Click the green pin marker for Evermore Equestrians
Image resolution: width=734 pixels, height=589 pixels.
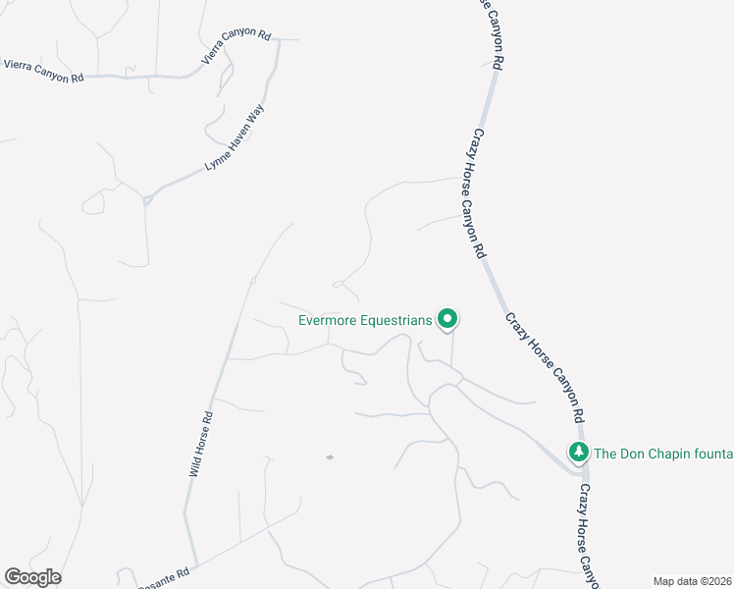447,318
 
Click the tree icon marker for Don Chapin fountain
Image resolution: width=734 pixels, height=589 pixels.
579,452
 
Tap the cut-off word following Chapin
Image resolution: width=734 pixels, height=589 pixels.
712,454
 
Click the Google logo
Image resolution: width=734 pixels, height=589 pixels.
32,577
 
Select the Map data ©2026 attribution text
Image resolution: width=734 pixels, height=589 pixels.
693,581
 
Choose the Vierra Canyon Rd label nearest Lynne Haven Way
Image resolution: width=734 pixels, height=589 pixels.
236,46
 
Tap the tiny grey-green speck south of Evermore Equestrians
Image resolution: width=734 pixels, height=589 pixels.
330,456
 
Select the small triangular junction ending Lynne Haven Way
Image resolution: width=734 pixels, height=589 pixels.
147,199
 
